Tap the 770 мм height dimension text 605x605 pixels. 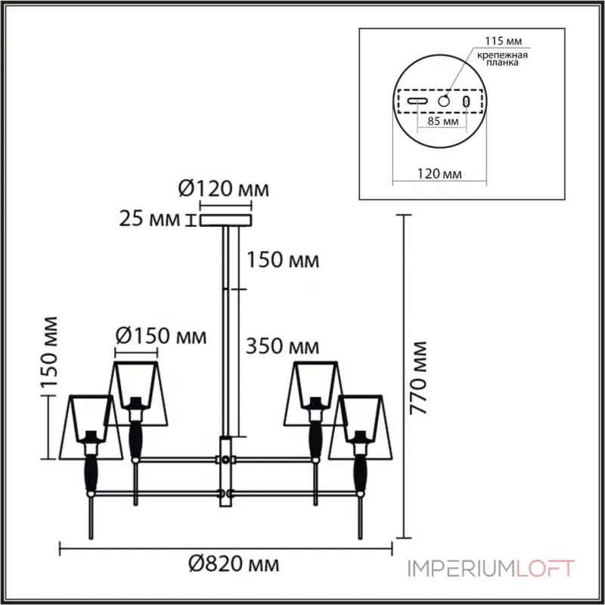(x=417, y=378)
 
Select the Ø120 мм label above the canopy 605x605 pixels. (x=224, y=189)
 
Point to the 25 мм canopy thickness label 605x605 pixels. (x=150, y=220)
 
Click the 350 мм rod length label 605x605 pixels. (x=281, y=347)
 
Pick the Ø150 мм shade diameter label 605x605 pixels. (x=160, y=336)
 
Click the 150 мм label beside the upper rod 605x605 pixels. (x=281, y=260)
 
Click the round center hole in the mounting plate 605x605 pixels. (x=445, y=101)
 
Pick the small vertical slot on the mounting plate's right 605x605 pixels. (x=467, y=101)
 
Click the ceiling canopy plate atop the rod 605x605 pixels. (x=225, y=221)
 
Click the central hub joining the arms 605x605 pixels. (x=225, y=469)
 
